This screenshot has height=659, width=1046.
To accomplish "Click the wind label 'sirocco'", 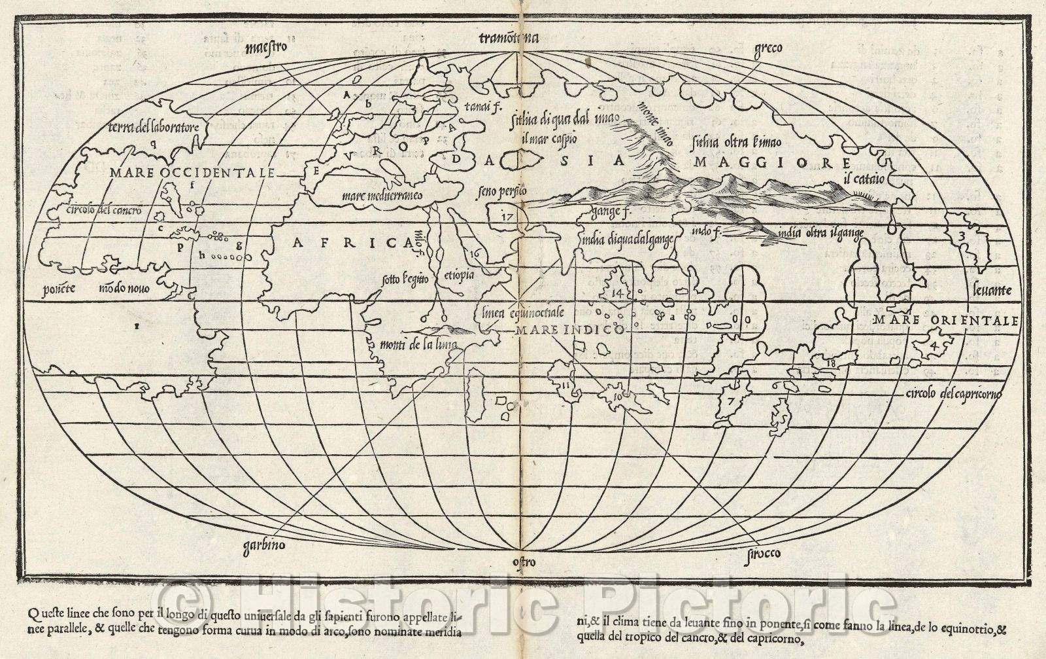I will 762,554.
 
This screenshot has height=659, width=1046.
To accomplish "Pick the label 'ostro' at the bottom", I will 524,561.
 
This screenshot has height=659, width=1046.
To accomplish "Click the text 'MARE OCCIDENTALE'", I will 192,173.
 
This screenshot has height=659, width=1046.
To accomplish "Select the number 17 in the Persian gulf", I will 507,217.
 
